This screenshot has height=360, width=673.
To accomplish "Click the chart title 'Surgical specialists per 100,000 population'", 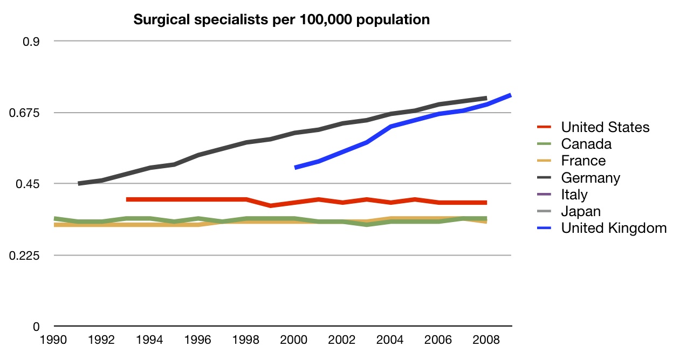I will point(281,20).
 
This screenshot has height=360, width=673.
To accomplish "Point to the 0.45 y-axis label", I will point(30,184).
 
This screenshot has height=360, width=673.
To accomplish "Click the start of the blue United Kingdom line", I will point(296,168).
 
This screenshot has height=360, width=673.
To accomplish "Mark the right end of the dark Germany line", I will point(486,98).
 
